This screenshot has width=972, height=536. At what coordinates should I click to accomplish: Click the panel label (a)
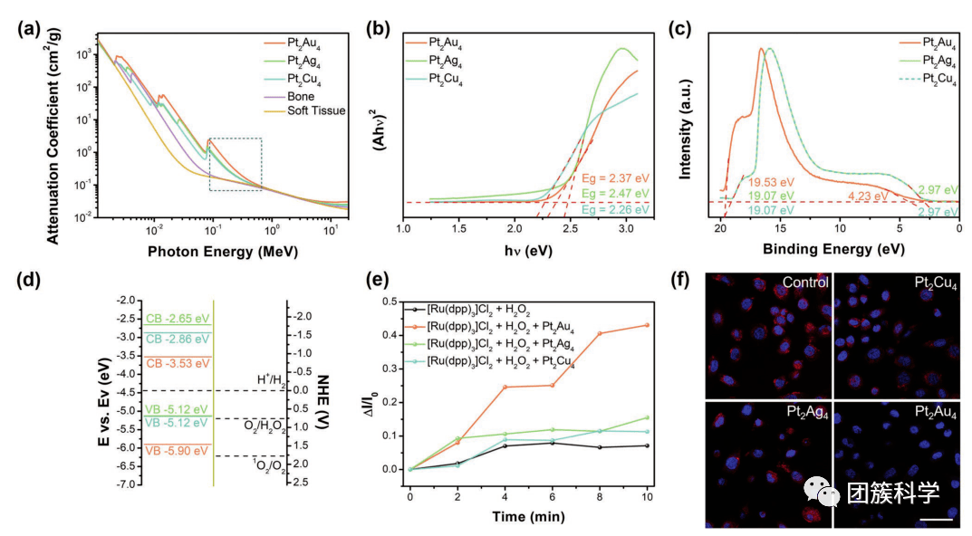coord(28,28)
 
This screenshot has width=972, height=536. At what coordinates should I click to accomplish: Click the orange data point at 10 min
coord(646,325)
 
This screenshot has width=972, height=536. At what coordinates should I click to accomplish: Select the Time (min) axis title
coord(529,518)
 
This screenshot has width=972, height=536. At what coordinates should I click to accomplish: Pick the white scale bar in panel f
coord(938,520)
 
